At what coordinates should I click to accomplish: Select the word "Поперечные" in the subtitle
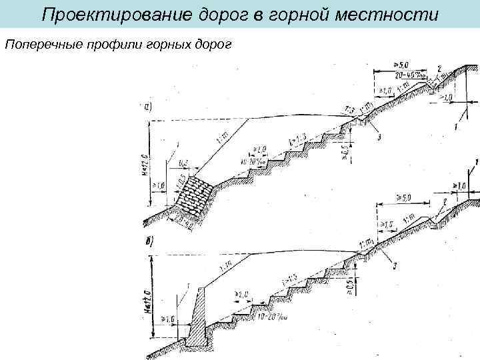click(39, 44)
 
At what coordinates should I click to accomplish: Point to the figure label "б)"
click(148, 241)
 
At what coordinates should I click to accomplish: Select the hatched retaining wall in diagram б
click(196, 320)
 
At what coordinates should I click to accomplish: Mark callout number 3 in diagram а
click(379, 137)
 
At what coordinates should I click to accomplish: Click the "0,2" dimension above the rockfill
click(185, 162)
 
